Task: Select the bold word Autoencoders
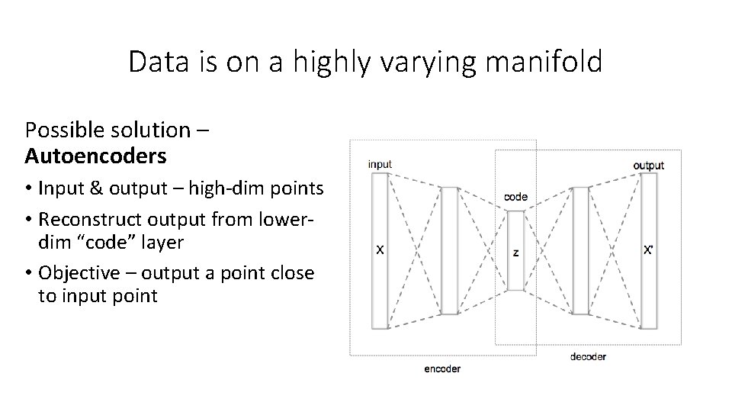pyautogui.click(x=95, y=156)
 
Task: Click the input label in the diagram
pyautogui.click(x=380, y=164)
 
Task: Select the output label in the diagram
pyautogui.click(x=648, y=165)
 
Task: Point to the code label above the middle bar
pyautogui.click(x=516, y=196)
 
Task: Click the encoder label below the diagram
pyautogui.click(x=442, y=369)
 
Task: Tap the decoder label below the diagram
pyautogui.click(x=588, y=356)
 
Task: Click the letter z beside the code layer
pyautogui.click(x=515, y=252)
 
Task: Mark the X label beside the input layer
pyautogui.click(x=380, y=249)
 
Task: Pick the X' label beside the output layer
pyautogui.click(x=648, y=249)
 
